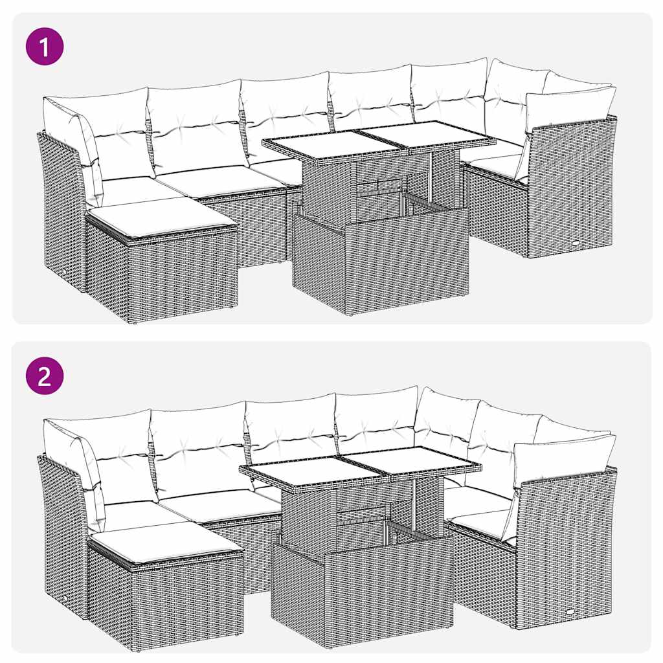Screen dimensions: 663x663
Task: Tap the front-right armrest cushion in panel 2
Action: [x=563, y=458]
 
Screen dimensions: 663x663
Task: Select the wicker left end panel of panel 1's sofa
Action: [x=62, y=207]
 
